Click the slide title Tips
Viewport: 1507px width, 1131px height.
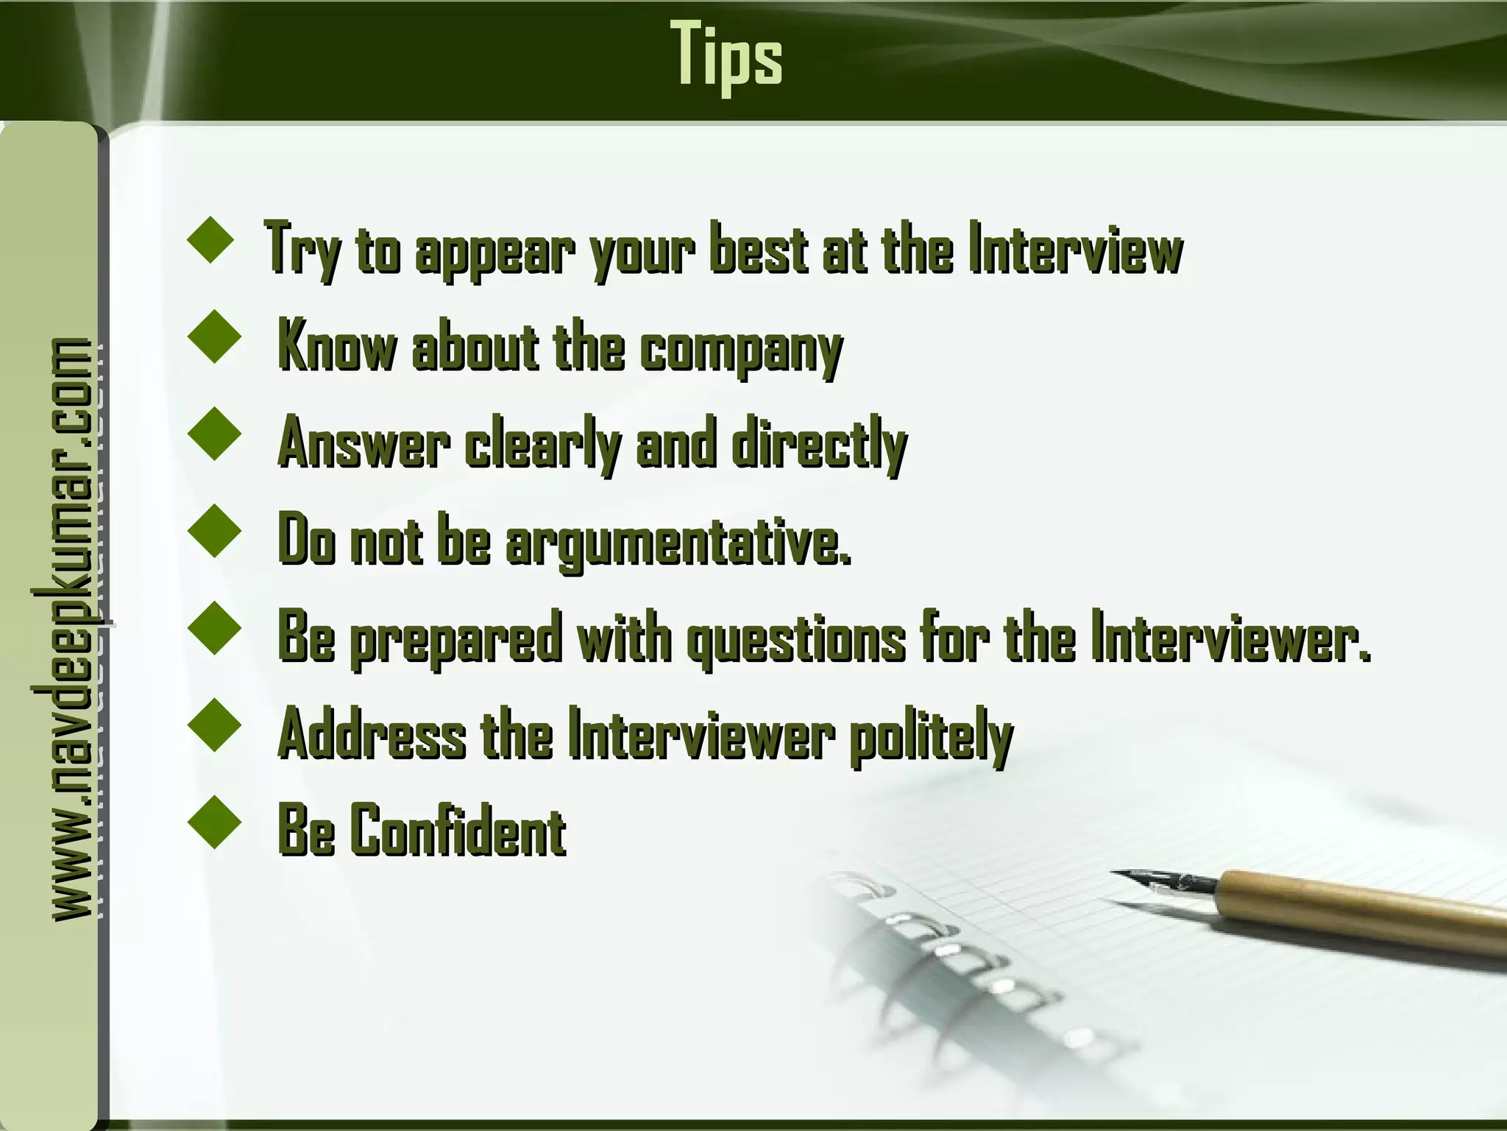point(726,56)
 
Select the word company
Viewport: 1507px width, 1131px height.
point(740,349)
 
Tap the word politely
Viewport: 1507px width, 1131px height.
point(931,737)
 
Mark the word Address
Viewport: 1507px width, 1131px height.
point(372,736)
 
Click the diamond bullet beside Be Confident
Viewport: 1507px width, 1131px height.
point(215,822)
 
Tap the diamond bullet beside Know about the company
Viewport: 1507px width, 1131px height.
point(215,336)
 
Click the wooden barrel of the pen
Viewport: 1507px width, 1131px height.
point(1361,909)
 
